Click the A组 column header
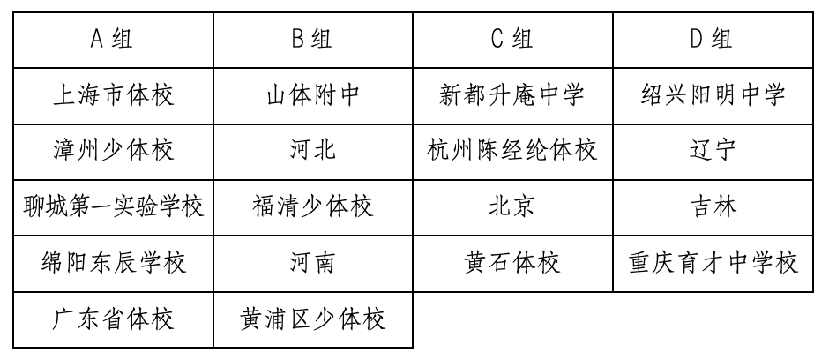[x=113, y=40]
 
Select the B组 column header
[x=313, y=40]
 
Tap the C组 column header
[x=512, y=40]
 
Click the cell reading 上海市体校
[x=113, y=94]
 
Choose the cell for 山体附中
[x=313, y=94]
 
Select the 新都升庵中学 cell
[x=512, y=94]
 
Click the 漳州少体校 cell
[x=113, y=150]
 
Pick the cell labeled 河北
[x=313, y=150]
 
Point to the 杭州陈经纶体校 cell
[x=512, y=150]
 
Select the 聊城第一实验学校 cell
[x=113, y=206]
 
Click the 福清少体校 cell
[x=313, y=206]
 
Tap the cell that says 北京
[x=512, y=206]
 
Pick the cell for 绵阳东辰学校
[x=113, y=262]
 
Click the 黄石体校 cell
[x=512, y=262]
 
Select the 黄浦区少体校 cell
[x=313, y=318]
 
